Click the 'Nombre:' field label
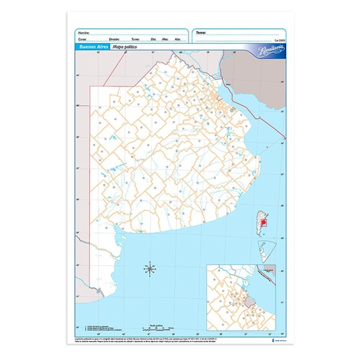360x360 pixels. (x=83, y=32)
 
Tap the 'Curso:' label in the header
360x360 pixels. (x=82, y=40)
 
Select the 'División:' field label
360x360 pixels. (x=114, y=40)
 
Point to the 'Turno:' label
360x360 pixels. (x=136, y=40)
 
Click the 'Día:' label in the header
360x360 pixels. (x=153, y=40)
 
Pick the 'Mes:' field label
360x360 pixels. (x=165, y=40)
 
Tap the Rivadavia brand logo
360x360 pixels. (x=262, y=48)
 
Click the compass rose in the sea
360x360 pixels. (x=150, y=268)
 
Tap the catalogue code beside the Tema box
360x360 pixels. (x=278, y=41)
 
